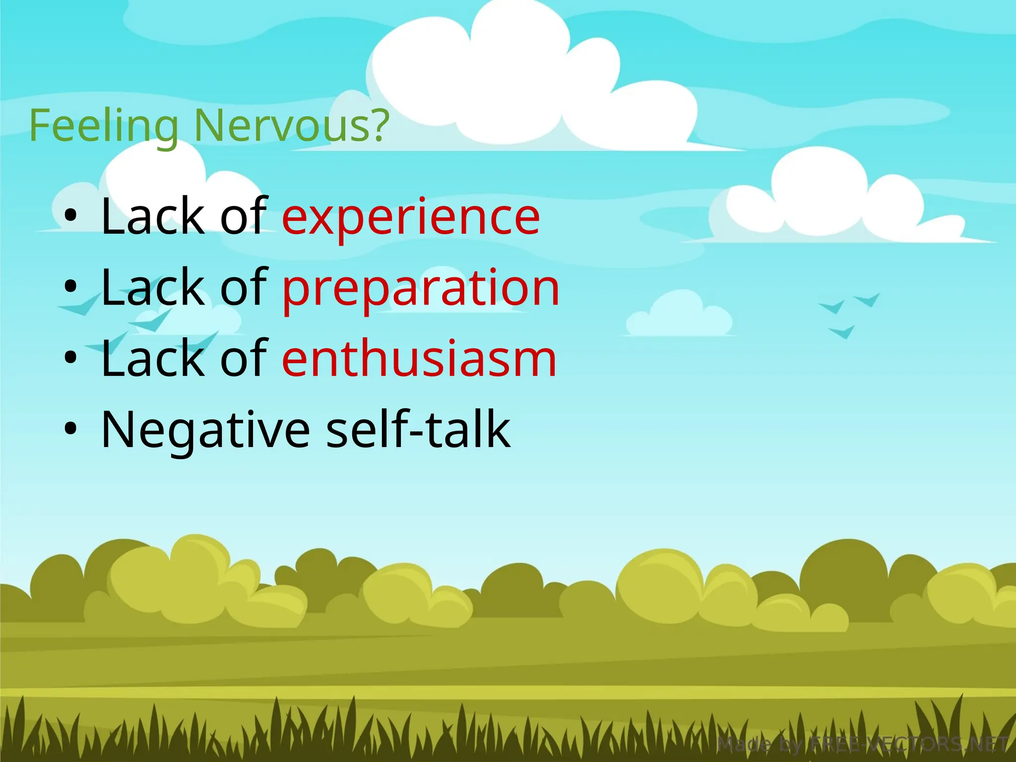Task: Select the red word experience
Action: pyautogui.click(x=411, y=217)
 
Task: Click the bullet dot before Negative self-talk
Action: pyautogui.click(x=71, y=429)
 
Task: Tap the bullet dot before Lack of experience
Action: pyautogui.click(x=71, y=216)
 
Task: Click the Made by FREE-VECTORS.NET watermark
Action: pyautogui.click(x=863, y=745)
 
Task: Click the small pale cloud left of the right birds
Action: pyautogui.click(x=679, y=315)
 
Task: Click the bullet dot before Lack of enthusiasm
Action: pyautogui.click(x=71, y=358)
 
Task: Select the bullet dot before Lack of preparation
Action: pyautogui.click(x=71, y=287)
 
